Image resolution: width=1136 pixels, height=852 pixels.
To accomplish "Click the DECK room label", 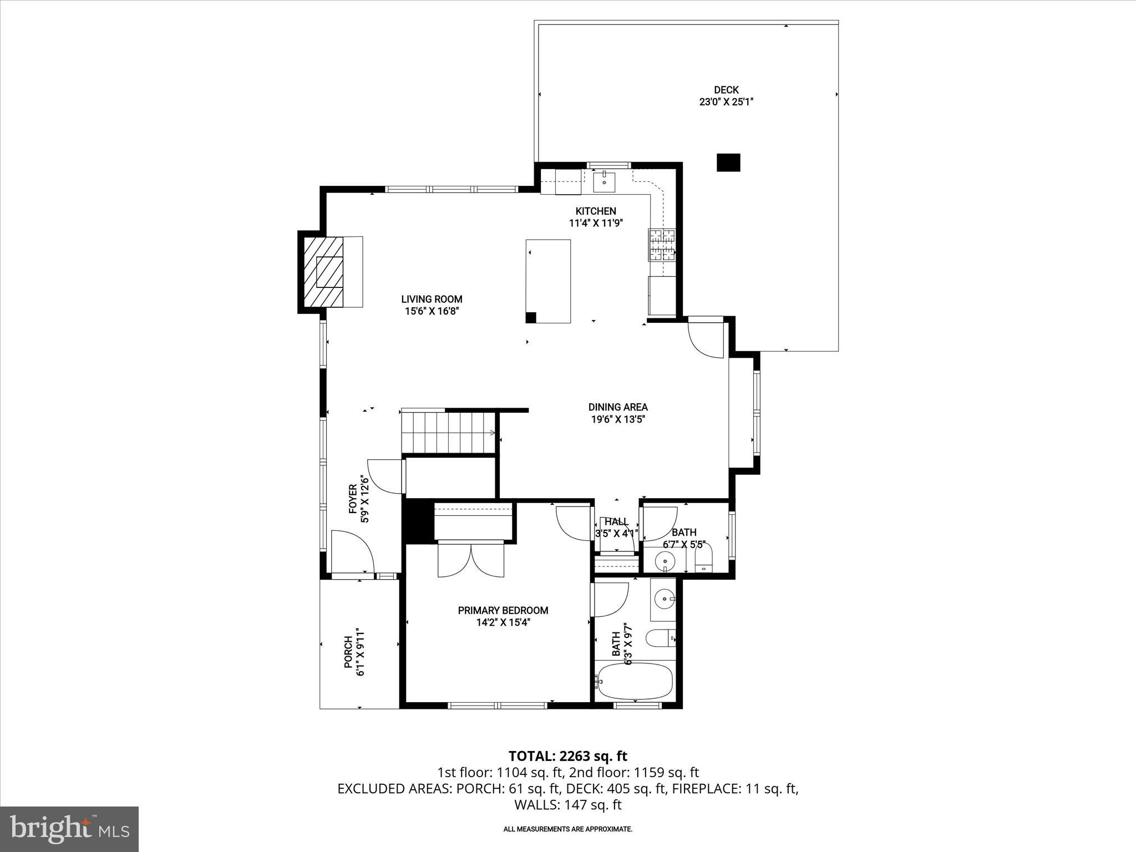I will pyautogui.click(x=726, y=90).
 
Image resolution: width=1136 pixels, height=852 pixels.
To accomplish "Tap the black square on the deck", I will pyautogui.click(x=728, y=162).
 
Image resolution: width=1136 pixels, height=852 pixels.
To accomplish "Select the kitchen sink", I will pyautogui.click(x=603, y=181).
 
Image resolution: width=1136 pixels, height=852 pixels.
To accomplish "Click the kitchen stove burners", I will pyautogui.click(x=661, y=245).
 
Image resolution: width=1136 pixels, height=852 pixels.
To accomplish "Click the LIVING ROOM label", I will pyautogui.click(x=432, y=300).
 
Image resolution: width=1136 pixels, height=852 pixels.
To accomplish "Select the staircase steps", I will pyautogui.click(x=448, y=433).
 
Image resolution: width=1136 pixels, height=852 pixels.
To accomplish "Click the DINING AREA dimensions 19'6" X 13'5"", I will pyautogui.click(x=618, y=419).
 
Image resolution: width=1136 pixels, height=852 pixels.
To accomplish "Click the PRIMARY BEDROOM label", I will pyautogui.click(x=503, y=610).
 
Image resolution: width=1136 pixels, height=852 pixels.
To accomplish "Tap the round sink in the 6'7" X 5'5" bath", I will pyautogui.click(x=664, y=561).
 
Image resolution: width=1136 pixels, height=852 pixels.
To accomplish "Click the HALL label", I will pyautogui.click(x=616, y=522).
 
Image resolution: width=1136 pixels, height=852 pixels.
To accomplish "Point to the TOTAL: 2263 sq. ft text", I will pyautogui.click(x=567, y=756).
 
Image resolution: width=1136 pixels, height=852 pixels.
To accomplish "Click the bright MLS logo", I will pyautogui.click(x=69, y=829).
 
